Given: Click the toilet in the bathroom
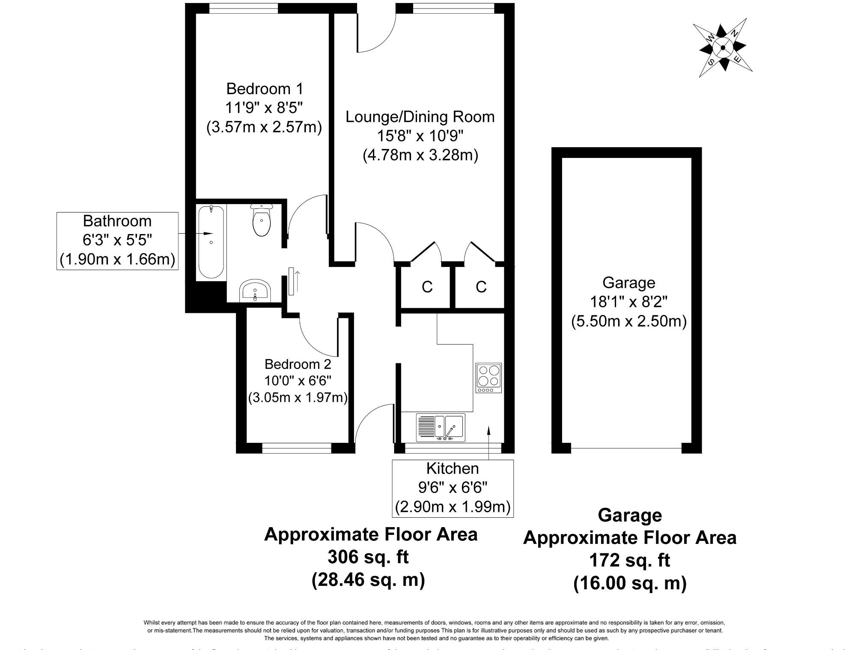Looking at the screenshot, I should [262, 221].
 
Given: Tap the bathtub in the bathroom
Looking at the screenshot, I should [211, 242].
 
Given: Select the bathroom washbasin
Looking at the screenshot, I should [255, 291].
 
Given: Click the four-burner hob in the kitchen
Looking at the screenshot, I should [489, 378].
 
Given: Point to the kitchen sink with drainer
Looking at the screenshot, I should [440, 427].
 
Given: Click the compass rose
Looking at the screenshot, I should [723, 47].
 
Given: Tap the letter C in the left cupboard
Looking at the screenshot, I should [427, 287].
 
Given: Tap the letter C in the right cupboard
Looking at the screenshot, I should [481, 287].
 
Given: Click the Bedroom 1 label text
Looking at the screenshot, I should [264, 89].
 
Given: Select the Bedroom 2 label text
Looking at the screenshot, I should [298, 364].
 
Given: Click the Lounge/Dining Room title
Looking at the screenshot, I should [420, 117].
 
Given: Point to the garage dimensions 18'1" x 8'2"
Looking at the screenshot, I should [629, 302].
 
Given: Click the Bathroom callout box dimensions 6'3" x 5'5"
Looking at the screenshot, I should [117, 240].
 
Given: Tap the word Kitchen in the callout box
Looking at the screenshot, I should [452, 469].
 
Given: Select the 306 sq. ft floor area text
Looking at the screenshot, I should [368, 557].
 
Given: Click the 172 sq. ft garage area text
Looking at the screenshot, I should [629, 560].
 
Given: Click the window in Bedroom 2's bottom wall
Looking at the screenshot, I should [296, 448].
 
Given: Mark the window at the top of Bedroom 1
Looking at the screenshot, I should [243, 8].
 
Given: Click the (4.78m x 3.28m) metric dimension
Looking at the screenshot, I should [420, 155].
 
